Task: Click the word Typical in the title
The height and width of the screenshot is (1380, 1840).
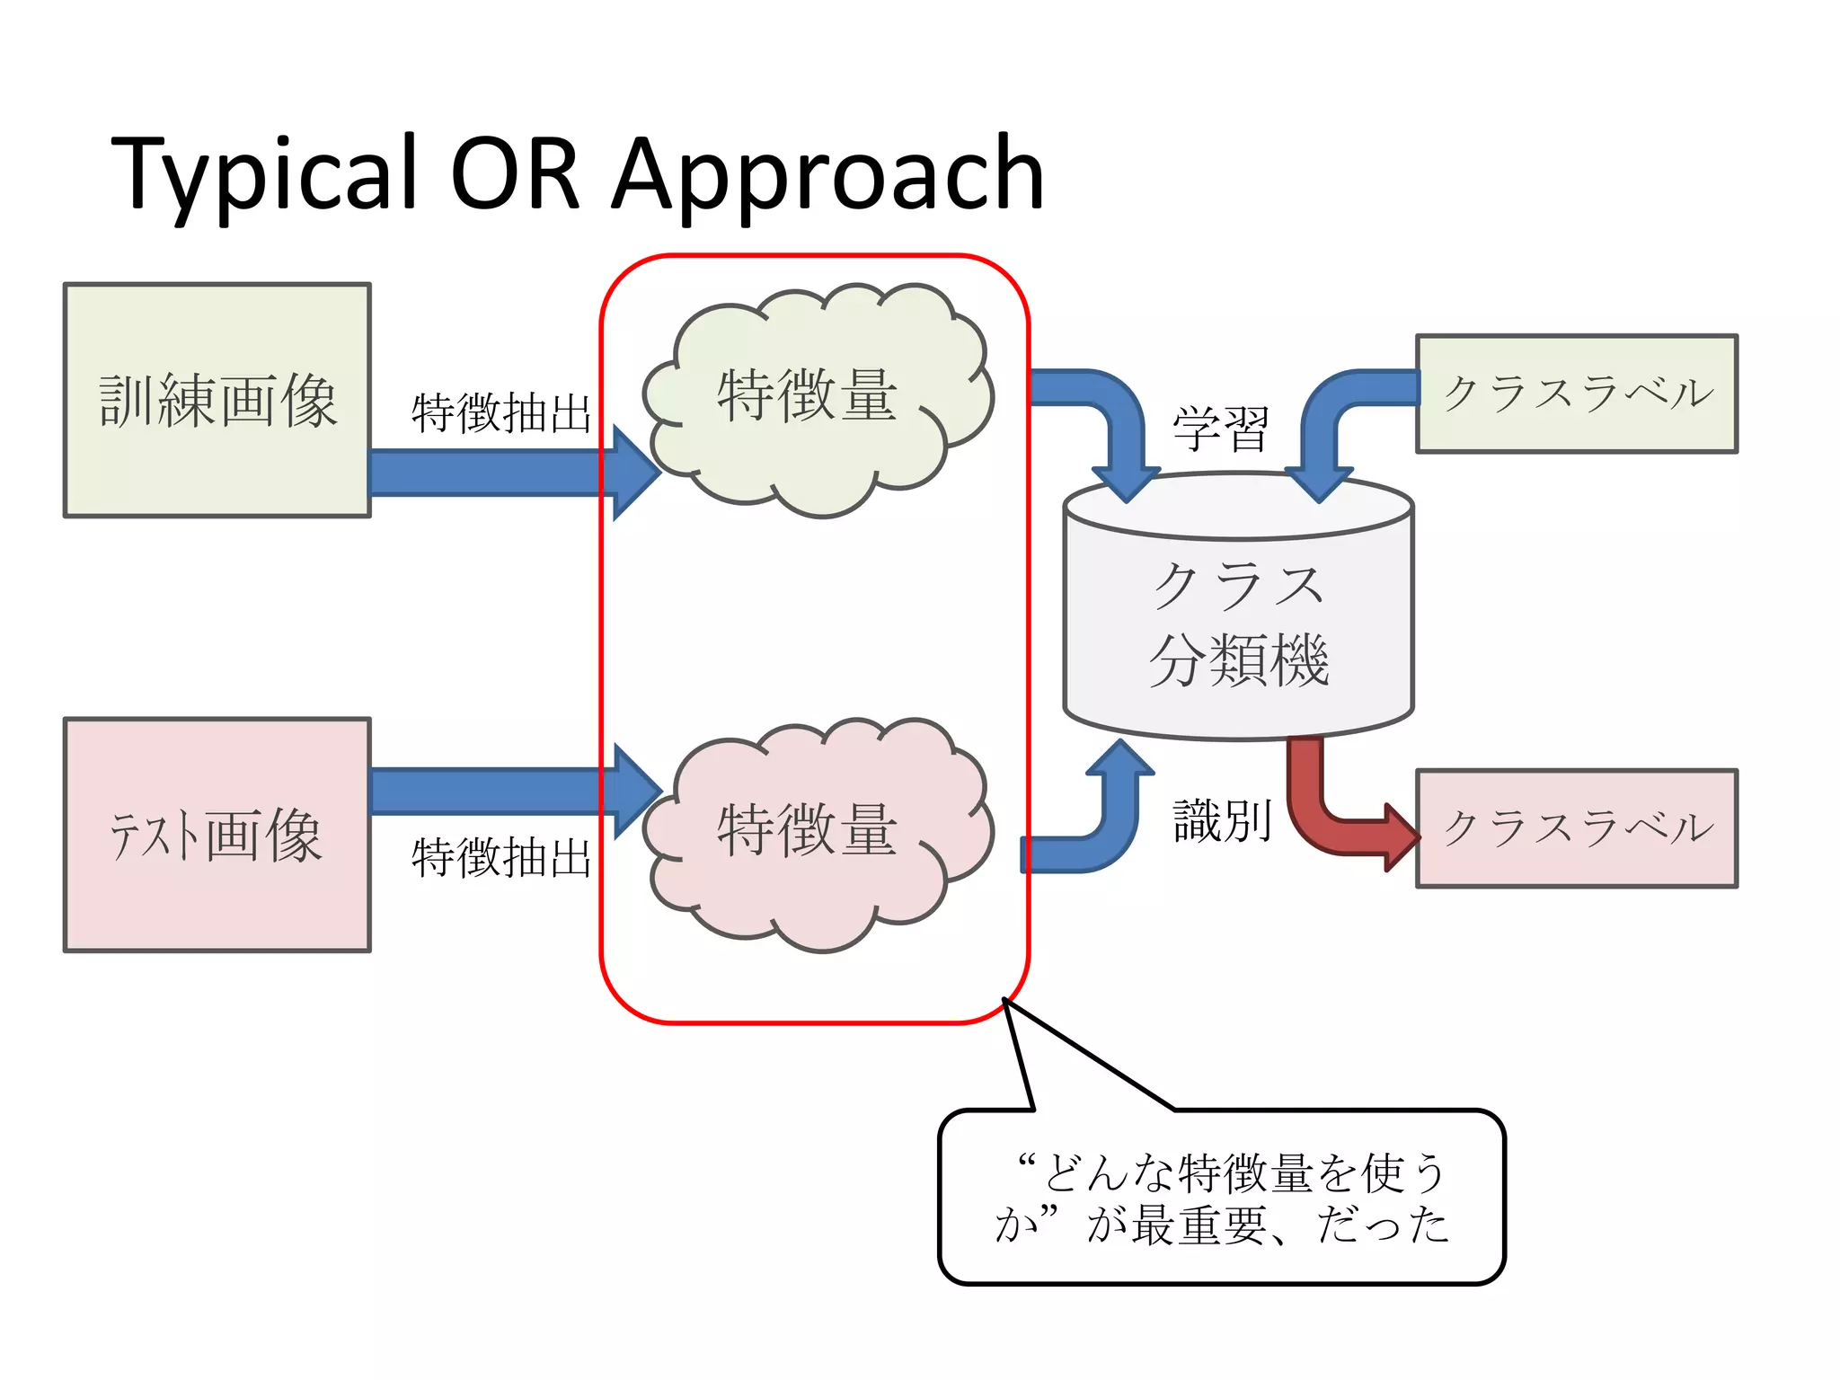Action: tap(264, 175)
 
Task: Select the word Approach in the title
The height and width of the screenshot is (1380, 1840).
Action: tap(827, 175)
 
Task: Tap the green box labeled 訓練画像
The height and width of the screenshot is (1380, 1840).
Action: tap(217, 401)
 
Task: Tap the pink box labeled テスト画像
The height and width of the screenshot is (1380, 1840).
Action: tap(217, 835)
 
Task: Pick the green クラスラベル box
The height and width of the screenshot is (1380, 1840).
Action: tap(1577, 394)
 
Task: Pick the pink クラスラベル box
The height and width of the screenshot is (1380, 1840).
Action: tap(1577, 827)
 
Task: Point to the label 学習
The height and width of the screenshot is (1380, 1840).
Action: tap(1221, 429)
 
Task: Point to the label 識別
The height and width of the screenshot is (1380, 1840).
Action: tap(1221, 820)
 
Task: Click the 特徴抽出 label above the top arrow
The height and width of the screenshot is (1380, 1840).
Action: tap(500, 413)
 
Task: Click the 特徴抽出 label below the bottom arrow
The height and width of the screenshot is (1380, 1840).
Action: tap(500, 857)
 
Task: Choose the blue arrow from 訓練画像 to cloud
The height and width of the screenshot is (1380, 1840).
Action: tap(503, 473)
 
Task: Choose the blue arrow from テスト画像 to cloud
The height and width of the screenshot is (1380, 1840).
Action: tap(503, 791)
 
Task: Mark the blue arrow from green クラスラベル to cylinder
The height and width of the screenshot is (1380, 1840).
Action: tap(1339, 413)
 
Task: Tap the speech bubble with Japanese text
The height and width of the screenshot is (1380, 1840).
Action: tap(1221, 1198)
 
